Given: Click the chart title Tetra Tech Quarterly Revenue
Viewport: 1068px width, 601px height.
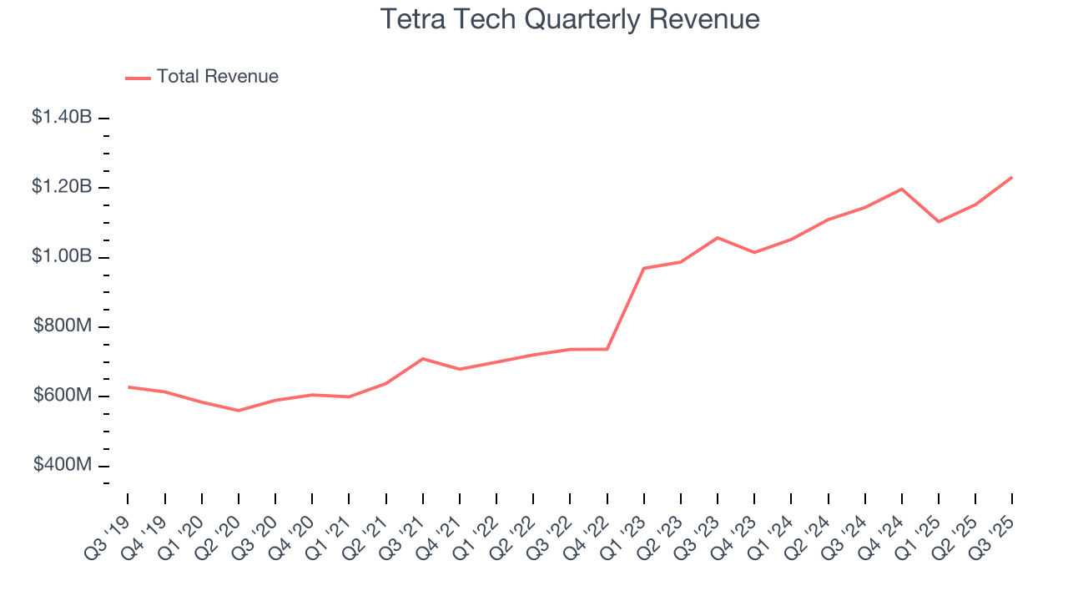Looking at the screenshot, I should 570,19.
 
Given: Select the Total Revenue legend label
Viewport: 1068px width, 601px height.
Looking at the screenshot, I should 217,77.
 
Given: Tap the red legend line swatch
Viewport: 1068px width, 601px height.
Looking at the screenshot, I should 138,78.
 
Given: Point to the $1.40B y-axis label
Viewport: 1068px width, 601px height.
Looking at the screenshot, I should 62,118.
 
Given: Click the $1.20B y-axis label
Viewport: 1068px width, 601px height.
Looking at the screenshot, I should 62,187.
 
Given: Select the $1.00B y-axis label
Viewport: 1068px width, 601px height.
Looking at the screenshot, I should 62,256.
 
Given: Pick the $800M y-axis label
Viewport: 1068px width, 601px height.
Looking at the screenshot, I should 63,326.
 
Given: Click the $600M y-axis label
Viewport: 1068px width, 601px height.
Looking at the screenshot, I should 63,396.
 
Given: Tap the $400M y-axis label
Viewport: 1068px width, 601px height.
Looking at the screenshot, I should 63,465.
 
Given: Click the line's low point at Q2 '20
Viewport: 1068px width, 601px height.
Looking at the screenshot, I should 239,411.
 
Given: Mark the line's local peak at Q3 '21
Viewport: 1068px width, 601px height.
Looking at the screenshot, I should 423,359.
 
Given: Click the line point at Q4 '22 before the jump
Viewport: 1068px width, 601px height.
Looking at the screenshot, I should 607,349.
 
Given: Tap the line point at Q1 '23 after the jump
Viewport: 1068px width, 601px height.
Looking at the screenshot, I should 644,268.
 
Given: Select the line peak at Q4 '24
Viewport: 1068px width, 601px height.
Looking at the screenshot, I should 902,189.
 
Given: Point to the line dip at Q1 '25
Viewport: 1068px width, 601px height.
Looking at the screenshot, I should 939,221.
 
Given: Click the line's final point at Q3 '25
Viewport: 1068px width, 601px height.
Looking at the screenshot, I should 1012,177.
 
